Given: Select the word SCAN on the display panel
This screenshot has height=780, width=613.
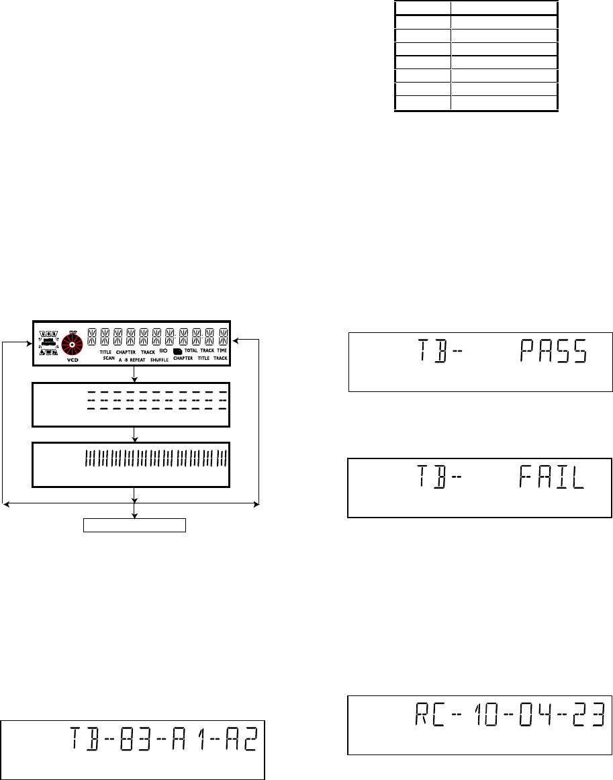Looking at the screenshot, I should pyautogui.click(x=109, y=359).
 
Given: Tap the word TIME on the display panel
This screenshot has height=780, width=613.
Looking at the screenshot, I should pyautogui.click(x=222, y=351).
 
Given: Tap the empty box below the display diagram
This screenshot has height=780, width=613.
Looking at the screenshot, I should pyautogui.click(x=134, y=524).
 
